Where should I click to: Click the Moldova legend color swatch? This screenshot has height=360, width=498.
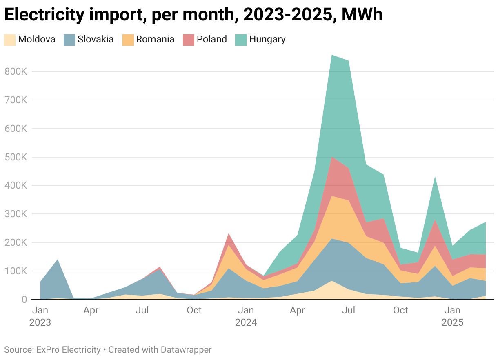[x=9, y=40]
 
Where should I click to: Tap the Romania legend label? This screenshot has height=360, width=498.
[x=155, y=40]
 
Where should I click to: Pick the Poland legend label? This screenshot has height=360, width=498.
[x=211, y=40]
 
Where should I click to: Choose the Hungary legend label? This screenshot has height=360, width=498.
[x=267, y=40]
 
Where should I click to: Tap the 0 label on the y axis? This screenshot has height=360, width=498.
[x=24, y=300]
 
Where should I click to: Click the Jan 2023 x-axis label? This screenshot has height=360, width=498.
[x=40, y=316]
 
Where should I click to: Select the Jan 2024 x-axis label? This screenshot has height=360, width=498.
[x=246, y=316]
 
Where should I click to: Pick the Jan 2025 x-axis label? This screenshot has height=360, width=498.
[x=452, y=316]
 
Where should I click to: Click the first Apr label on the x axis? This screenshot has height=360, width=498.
[x=91, y=311]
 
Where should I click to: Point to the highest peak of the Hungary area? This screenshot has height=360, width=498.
[x=332, y=55]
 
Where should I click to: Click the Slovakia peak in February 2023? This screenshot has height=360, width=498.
[x=58, y=260]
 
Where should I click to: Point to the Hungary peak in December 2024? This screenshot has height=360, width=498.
[x=435, y=177]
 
